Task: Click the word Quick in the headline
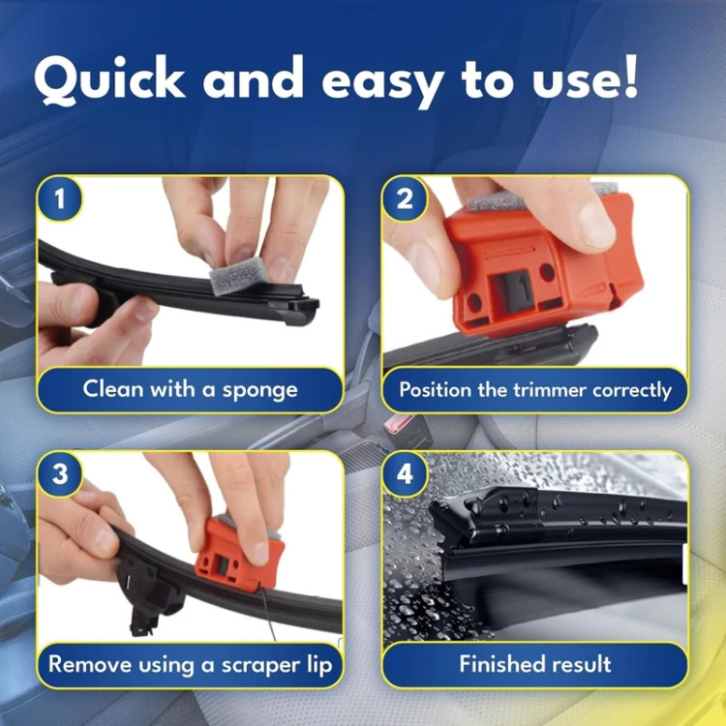tap(109, 79)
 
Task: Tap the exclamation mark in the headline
tap(630, 76)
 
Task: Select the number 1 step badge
tap(60, 199)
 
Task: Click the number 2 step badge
tap(405, 199)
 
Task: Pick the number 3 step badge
tap(60, 474)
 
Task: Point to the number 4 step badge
tap(405, 474)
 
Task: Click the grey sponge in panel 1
tap(238, 275)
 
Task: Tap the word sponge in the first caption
tap(259, 390)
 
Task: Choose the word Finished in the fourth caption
tap(499, 664)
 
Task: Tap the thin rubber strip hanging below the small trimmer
tap(267, 614)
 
